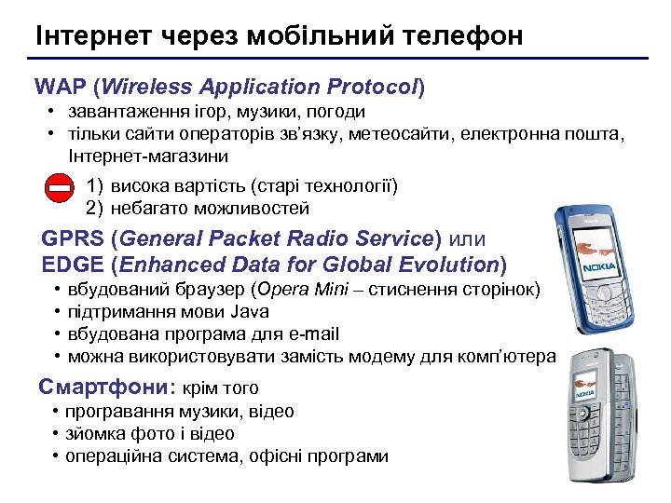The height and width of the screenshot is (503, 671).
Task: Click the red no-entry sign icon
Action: [58, 188]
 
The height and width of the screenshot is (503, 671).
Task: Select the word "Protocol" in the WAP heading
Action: [371, 88]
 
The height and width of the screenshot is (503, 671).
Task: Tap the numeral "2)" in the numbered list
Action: [94, 209]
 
